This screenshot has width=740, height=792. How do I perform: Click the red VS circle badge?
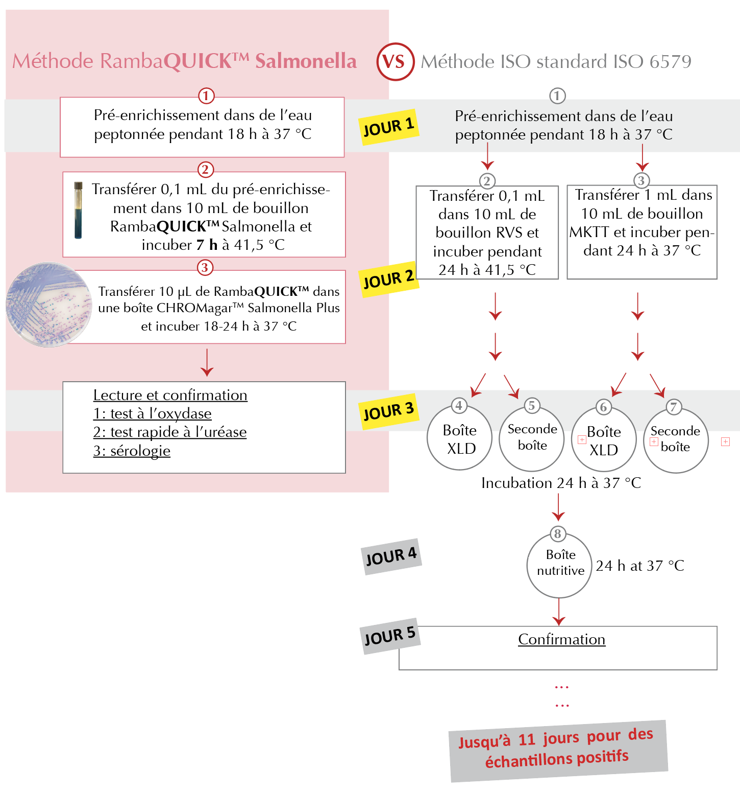[x=395, y=62]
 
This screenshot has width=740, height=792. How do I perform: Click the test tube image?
[x=78, y=210]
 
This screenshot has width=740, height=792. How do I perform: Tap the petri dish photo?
[x=49, y=305]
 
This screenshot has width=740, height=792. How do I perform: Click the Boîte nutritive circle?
[x=560, y=565]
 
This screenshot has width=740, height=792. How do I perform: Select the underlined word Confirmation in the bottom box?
[x=562, y=639]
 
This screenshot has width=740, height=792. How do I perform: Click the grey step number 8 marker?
[x=557, y=534]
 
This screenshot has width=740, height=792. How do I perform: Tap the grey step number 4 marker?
[x=459, y=406]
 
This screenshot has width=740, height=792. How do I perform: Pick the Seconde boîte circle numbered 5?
[x=532, y=438]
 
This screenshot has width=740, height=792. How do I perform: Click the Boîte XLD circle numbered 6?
[x=604, y=439]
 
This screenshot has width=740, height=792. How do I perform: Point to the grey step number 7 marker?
[x=674, y=407]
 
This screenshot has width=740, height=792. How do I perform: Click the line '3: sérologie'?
[x=132, y=451]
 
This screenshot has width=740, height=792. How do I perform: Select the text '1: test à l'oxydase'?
[x=152, y=413]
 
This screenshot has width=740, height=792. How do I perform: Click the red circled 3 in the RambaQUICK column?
[x=205, y=267]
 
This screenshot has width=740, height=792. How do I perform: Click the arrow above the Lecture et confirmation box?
[x=207, y=363]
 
